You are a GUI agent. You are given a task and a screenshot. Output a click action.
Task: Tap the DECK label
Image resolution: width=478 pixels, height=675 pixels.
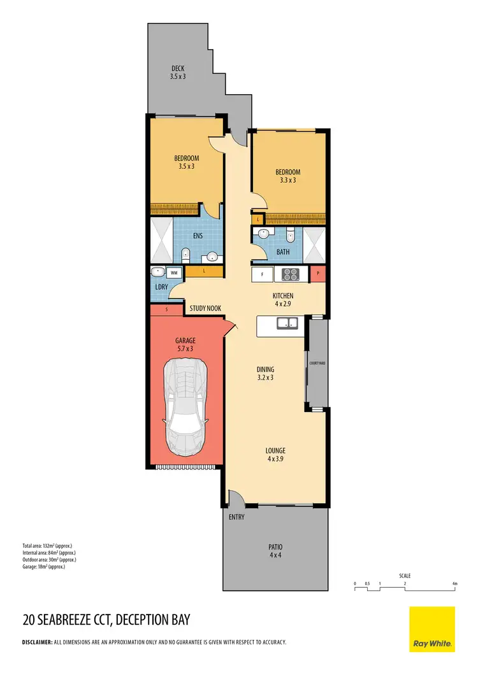pyautogui.click(x=178, y=73)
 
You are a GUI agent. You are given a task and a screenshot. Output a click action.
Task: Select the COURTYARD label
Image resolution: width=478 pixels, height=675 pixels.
pyautogui.click(x=317, y=363)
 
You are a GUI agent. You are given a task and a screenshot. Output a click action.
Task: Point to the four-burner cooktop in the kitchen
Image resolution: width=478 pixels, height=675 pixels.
pyautogui.click(x=291, y=275)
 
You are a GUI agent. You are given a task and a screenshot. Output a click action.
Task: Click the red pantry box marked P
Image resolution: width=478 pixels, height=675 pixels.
pyautogui.click(x=318, y=274)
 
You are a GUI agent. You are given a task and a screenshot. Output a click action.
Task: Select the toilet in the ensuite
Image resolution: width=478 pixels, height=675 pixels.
pyautogui.click(x=186, y=256)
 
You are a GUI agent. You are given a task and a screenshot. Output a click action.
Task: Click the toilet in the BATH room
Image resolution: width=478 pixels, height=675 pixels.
pyautogui.click(x=291, y=236)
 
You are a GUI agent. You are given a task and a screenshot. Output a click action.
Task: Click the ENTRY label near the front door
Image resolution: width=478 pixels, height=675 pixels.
pyautogui.click(x=236, y=517)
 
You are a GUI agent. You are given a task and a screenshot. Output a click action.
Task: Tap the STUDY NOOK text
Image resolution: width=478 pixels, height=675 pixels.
pyautogui.click(x=205, y=309)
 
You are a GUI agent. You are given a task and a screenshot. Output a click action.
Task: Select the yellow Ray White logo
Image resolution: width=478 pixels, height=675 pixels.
pyautogui.click(x=431, y=629)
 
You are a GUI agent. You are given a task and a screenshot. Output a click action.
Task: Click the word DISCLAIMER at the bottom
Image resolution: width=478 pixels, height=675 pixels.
pyautogui.click(x=37, y=642)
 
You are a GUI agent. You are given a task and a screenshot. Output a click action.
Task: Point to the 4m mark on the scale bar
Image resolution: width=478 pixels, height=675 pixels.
pyautogui.click(x=454, y=583)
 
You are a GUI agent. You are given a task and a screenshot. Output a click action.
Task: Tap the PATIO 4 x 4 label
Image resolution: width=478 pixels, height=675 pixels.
pyautogui.click(x=275, y=551)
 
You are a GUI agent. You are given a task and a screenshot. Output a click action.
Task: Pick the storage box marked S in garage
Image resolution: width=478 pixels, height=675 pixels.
pyautogui.click(x=166, y=309)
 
